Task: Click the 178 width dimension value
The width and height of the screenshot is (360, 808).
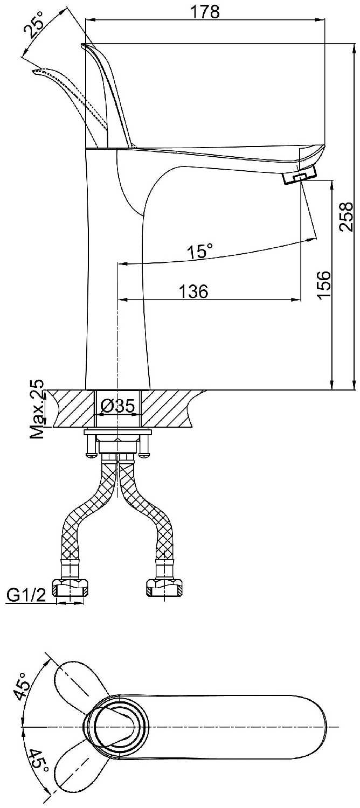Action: pos(207,11)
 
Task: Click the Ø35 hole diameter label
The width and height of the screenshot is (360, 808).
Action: pos(117,407)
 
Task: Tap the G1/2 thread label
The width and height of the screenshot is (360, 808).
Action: pos(26,595)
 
